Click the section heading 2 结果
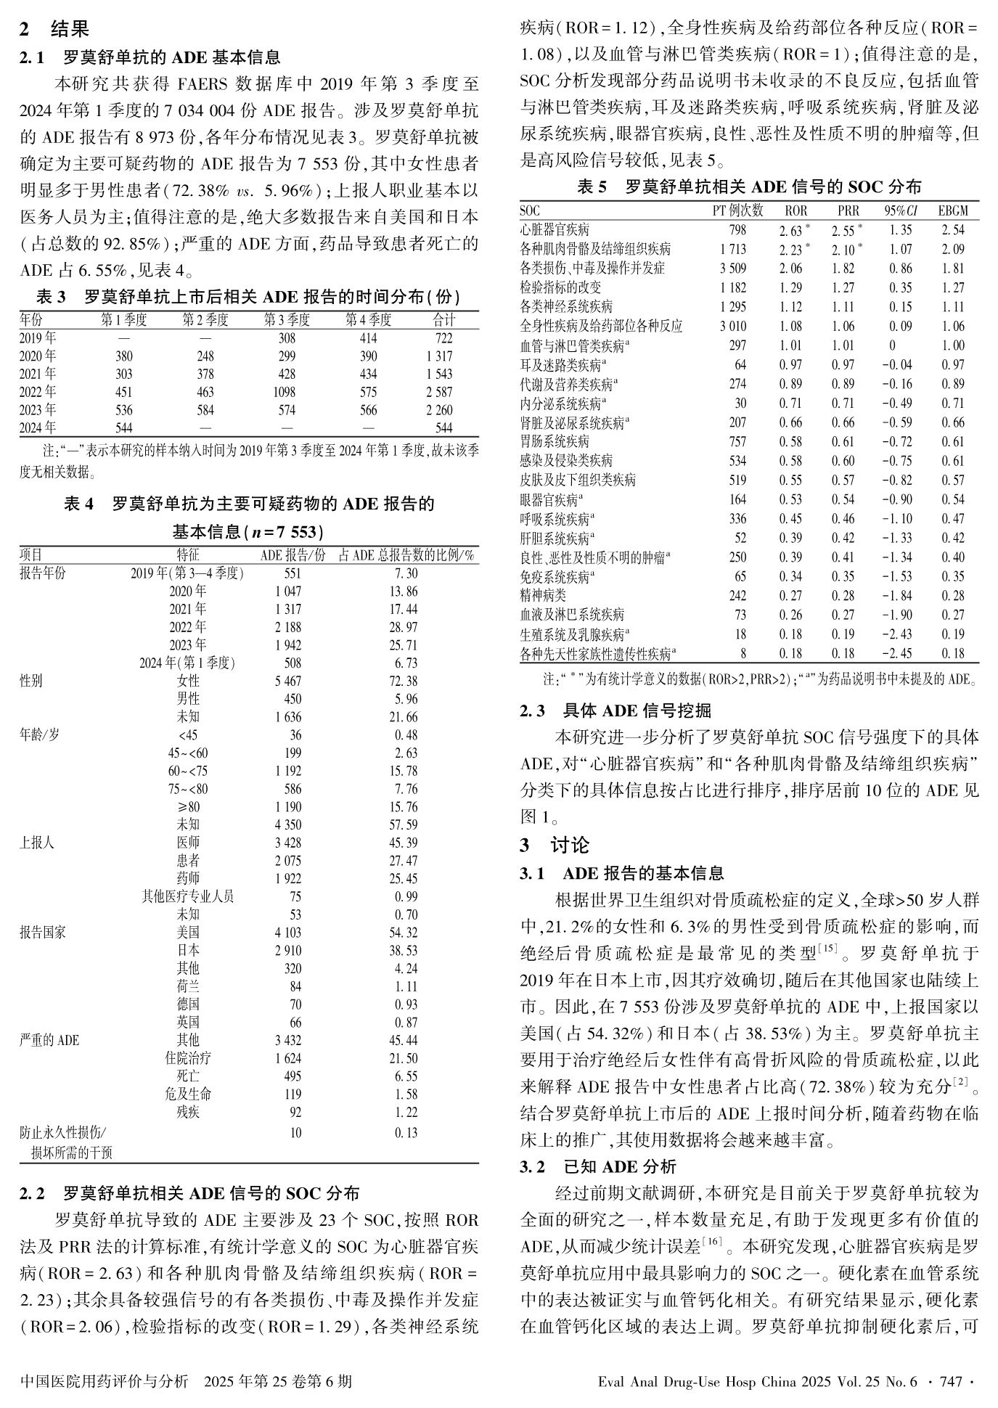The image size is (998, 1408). point(54,30)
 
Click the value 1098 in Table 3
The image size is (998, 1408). point(287,392)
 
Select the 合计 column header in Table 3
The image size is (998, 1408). point(443,320)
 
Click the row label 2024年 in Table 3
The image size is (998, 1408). point(38,427)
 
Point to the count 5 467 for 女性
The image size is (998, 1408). point(287,681)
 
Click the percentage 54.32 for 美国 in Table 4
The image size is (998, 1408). point(406,933)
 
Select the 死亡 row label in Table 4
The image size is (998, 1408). point(188,1076)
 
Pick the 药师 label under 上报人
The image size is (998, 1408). point(188,879)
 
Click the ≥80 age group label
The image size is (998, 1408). point(188,807)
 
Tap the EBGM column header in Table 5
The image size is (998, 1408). point(952,211)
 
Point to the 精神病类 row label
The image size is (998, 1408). point(543,596)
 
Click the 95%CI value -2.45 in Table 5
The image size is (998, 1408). point(897,653)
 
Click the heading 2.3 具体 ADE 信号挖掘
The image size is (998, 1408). point(615,711)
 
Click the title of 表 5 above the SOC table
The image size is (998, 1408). point(749,187)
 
